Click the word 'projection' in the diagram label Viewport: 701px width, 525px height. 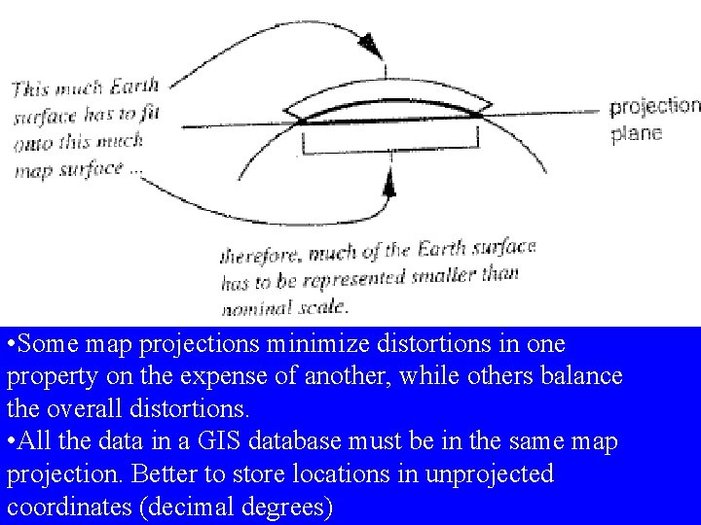coord(655,106)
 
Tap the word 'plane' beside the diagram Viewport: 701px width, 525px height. coord(637,133)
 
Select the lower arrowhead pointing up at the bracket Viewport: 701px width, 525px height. coord(390,185)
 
